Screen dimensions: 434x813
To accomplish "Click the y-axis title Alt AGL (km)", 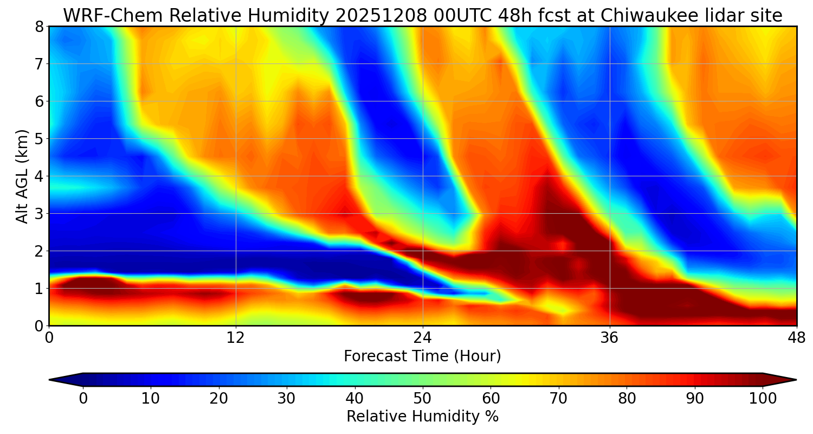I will tap(22, 176).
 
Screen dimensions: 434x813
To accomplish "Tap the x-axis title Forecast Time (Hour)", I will tap(422, 356).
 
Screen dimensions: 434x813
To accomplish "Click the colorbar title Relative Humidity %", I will tap(422, 417).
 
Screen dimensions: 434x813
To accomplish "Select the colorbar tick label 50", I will tap(423, 399).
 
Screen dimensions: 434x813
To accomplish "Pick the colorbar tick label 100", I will tap(763, 399).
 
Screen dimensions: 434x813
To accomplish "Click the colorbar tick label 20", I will tap(218, 399).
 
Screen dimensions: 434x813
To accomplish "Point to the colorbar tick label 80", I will tap(627, 399).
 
